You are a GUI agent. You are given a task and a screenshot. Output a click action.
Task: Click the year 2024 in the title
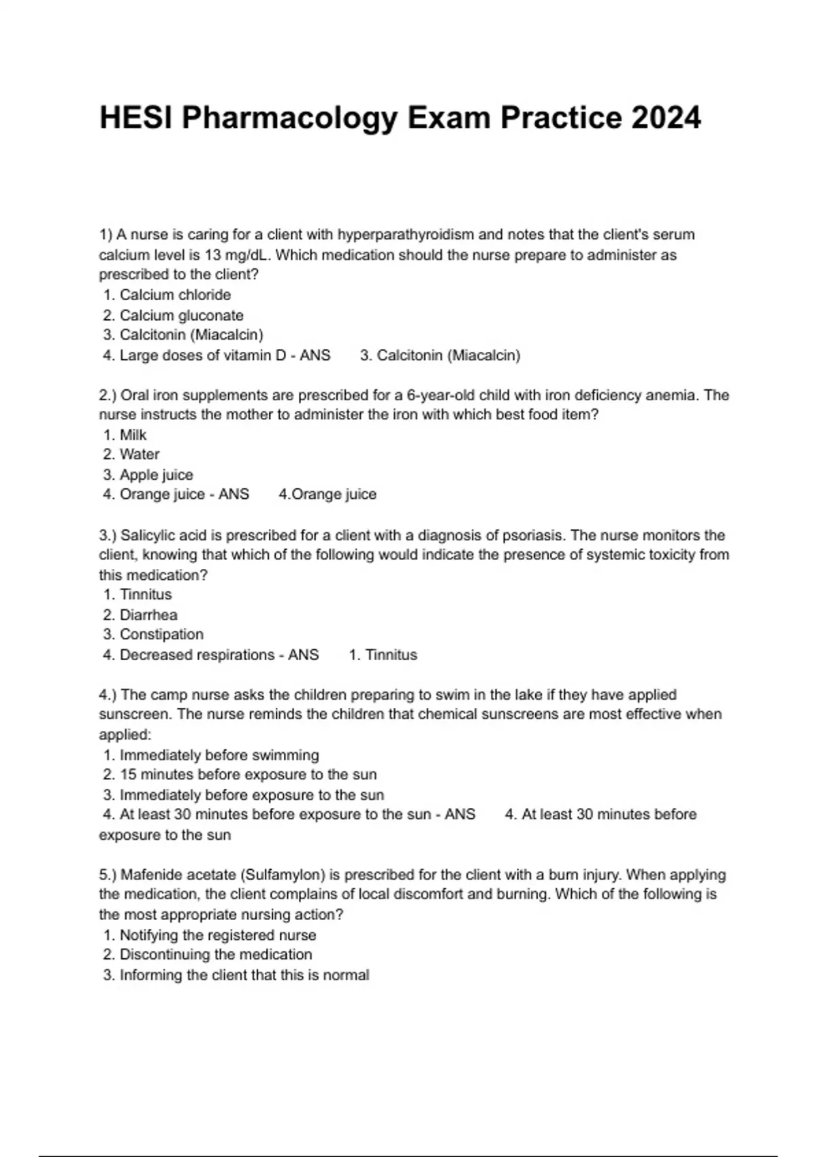coord(666,118)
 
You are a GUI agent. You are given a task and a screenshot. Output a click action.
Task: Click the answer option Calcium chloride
coord(175,295)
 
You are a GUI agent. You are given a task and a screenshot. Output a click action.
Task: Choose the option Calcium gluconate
coord(181,315)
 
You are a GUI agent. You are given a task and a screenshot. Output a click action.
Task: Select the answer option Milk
coord(133,435)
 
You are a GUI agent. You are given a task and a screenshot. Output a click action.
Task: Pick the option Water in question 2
coord(139,454)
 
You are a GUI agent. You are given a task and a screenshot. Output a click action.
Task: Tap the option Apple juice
coord(156,474)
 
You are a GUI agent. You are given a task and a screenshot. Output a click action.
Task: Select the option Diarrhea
coord(148,615)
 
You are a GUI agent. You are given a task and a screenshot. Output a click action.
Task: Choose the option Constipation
coord(161,634)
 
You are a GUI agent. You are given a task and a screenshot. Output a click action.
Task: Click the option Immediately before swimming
coord(219,755)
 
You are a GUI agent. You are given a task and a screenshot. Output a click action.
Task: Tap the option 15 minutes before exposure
coord(248,775)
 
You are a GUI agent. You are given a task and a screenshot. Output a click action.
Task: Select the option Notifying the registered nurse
coord(217,935)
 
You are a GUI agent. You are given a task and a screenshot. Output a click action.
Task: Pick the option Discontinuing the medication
coord(215,954)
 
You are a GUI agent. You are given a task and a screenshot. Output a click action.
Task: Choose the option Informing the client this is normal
coord(244,975)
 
